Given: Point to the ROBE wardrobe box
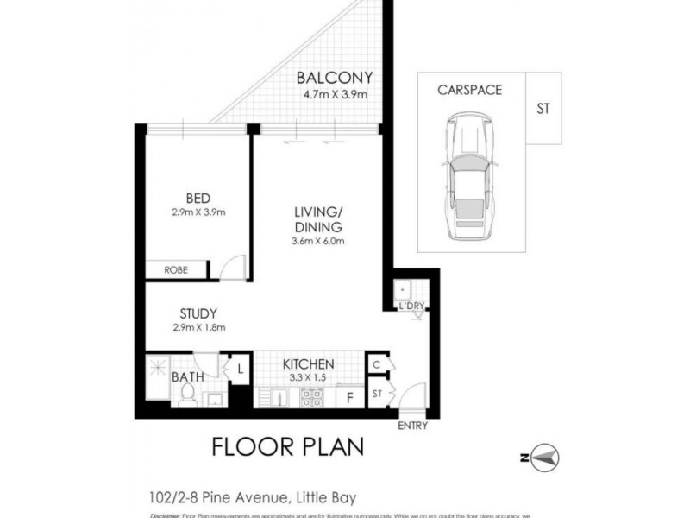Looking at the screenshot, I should pyautogui.click(x=177, y=270).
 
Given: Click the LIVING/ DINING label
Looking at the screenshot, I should pyautogui.click(x=318, y=218).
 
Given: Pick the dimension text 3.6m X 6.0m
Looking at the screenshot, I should pyautogui.click(x=318, y=241).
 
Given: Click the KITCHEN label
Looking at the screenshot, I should pyautogui.click(x=309, y=364).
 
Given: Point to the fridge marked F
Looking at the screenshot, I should pyautogui.click(x=348, y=397).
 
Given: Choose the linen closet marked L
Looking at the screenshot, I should pyautogui.click(x=239, y=370).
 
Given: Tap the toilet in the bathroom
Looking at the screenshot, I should pyautogui.click(x=186, y=395).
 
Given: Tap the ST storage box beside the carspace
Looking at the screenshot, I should pyautogui.click(x=543, y=110).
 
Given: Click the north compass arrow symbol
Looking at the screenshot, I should pyautogui.click(x=544, y=455).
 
